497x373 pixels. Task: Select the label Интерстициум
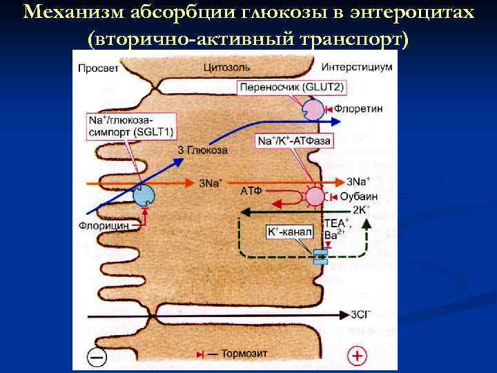click(357, 68)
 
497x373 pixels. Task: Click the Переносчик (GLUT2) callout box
click(291, 88)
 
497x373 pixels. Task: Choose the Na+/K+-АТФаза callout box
click(294, 141)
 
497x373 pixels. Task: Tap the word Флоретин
click(362, 109)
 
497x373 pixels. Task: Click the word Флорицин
click(104, 224)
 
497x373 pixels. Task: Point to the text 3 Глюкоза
click(202, 150)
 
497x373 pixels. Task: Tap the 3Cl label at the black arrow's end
click(361, 314)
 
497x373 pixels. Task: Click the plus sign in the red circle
click(357, 356)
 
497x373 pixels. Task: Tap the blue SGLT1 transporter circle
click(144, 195)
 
